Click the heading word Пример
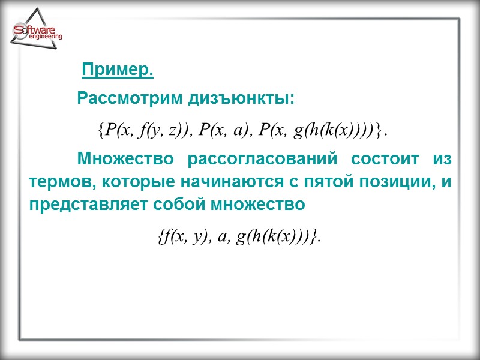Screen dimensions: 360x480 pyautogui.click(x=118, y=70)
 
